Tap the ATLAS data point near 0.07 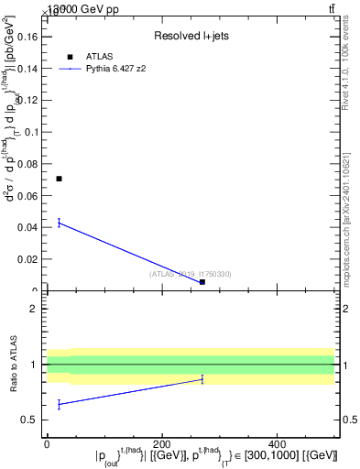[59, 179]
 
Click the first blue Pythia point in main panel [59, 222]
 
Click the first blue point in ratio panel [59, 404]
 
